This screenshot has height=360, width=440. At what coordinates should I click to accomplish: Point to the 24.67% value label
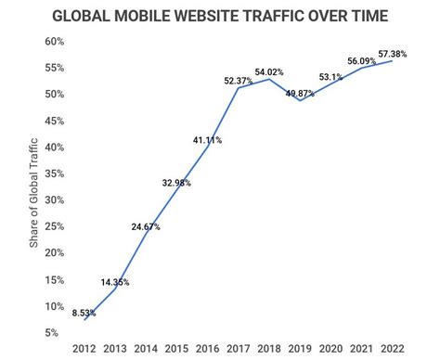pos(146,226)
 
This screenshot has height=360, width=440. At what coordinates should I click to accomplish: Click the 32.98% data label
pos(176,183)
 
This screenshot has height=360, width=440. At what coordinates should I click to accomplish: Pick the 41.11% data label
pos(208,140)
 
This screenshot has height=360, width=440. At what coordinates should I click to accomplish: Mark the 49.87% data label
pos(299,94)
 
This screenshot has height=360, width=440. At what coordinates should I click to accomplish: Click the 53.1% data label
pos(330,77)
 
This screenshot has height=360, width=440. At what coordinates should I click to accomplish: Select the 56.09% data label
pos(362,60)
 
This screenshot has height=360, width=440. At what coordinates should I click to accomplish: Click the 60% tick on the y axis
pos(53,42)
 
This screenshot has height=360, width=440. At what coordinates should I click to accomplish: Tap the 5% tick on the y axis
pos(56,333)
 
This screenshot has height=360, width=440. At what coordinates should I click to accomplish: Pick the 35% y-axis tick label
pos(53,174)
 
